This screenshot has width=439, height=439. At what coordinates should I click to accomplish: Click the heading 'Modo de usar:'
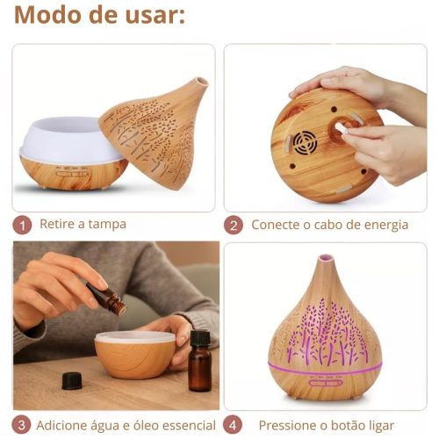click(99, 16)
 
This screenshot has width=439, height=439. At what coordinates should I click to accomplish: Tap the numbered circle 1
click(22, 225)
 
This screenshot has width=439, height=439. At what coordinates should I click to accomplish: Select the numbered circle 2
click(234, 225)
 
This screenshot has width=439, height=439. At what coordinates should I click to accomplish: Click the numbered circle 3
click(22, 425)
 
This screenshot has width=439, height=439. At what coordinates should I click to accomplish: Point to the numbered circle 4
click(234, 425)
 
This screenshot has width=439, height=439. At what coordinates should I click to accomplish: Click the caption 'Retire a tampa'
click(83, 225)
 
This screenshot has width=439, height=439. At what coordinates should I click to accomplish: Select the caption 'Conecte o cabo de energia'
click(329, 225)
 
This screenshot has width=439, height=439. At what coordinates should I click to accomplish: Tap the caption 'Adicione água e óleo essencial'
click(126, 425)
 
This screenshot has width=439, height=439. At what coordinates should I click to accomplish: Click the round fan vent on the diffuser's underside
click(304, 142)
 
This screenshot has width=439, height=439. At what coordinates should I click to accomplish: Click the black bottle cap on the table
click(72, 380)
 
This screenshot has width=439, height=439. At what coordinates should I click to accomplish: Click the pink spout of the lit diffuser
click(326, 259)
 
